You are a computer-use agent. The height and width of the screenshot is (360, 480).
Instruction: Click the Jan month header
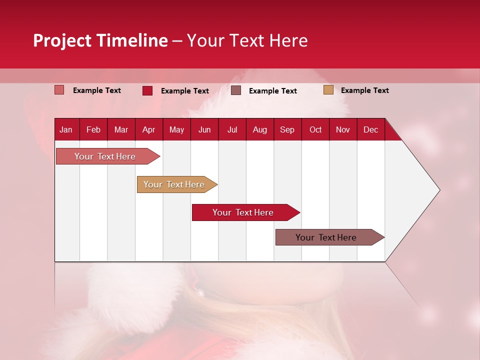(x=66, y=129)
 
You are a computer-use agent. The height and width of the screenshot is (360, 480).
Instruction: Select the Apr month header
(x=148, y=129)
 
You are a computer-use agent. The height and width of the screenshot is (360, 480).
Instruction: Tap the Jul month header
(x=232, y=129)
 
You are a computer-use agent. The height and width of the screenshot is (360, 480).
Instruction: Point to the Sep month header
(x=287, y=129)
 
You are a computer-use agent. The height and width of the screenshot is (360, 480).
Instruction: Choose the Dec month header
(x=370, y=129)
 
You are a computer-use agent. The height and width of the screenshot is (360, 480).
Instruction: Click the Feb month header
(x=93, y=129)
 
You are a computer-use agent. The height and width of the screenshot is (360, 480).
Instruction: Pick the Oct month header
(x=315, y=129)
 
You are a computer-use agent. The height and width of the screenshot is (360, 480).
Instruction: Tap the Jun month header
(x=204, y=129)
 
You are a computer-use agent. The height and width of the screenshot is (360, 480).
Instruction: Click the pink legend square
(x=59, y=90)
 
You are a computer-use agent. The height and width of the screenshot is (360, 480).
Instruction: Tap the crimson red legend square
(x=147, y=90)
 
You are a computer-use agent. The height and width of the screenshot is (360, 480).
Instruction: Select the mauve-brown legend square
(x=236, y=90)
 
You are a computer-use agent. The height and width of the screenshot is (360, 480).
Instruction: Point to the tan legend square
(x=328, y=90)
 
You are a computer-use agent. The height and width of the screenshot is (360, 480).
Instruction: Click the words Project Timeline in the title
(x=100, y=40)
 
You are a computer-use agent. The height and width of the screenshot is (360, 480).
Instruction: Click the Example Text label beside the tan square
(x=364, y=90)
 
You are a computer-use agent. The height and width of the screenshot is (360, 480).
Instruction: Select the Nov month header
(x=343, y=129)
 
